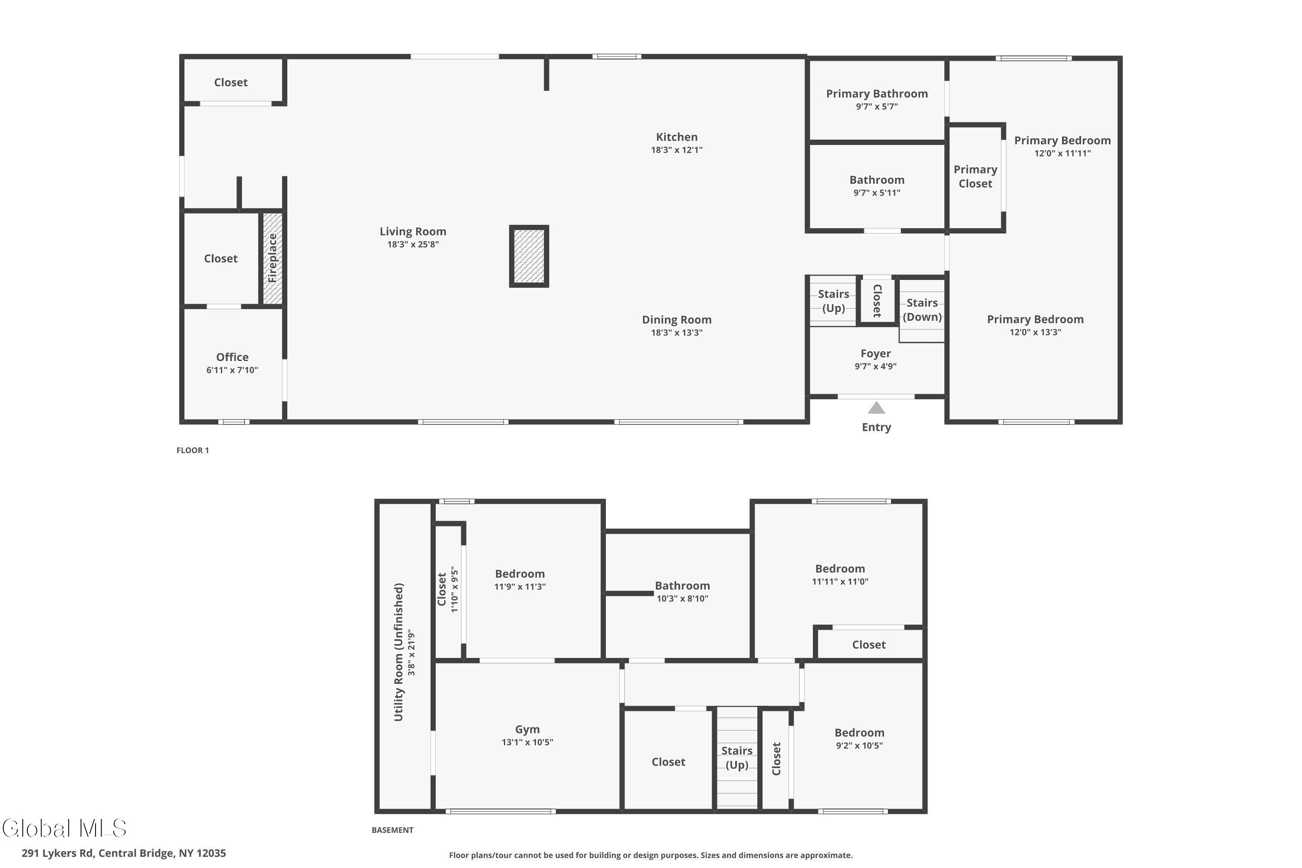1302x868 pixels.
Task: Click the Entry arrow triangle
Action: point(876,408)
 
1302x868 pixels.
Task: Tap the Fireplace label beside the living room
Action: point(273,258)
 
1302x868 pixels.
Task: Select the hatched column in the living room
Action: point(529,256)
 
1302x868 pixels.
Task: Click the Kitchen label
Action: point(677,137)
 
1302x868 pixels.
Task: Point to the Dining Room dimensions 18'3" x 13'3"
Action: point(677,333)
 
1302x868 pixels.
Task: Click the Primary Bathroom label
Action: point(877,94)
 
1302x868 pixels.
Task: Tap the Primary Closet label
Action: point(975,177)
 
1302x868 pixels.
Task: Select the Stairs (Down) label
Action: point(922,309)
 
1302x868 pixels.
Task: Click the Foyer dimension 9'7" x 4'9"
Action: point(875,366)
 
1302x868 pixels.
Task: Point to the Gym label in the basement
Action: point(527,729)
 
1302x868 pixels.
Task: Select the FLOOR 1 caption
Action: point(193,450)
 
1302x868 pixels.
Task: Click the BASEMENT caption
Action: point(392,830)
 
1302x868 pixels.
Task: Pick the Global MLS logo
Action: point(65,828)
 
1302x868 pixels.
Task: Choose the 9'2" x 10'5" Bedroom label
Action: point(859,733)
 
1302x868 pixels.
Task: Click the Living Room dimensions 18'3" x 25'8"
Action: point(413,244)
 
